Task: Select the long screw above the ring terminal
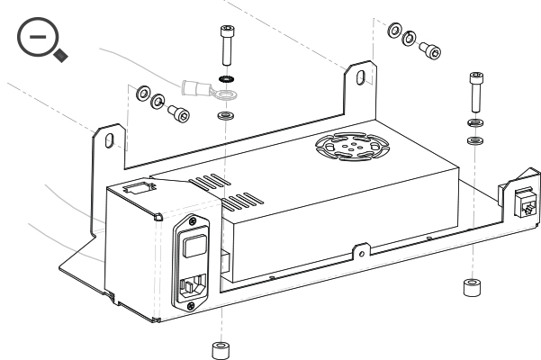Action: pyautogui.click(x=224, y=45)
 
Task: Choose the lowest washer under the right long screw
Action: pyautogui.click(x=473, y=140)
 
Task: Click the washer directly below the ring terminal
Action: pyautogui.click(x=224, y=118)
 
